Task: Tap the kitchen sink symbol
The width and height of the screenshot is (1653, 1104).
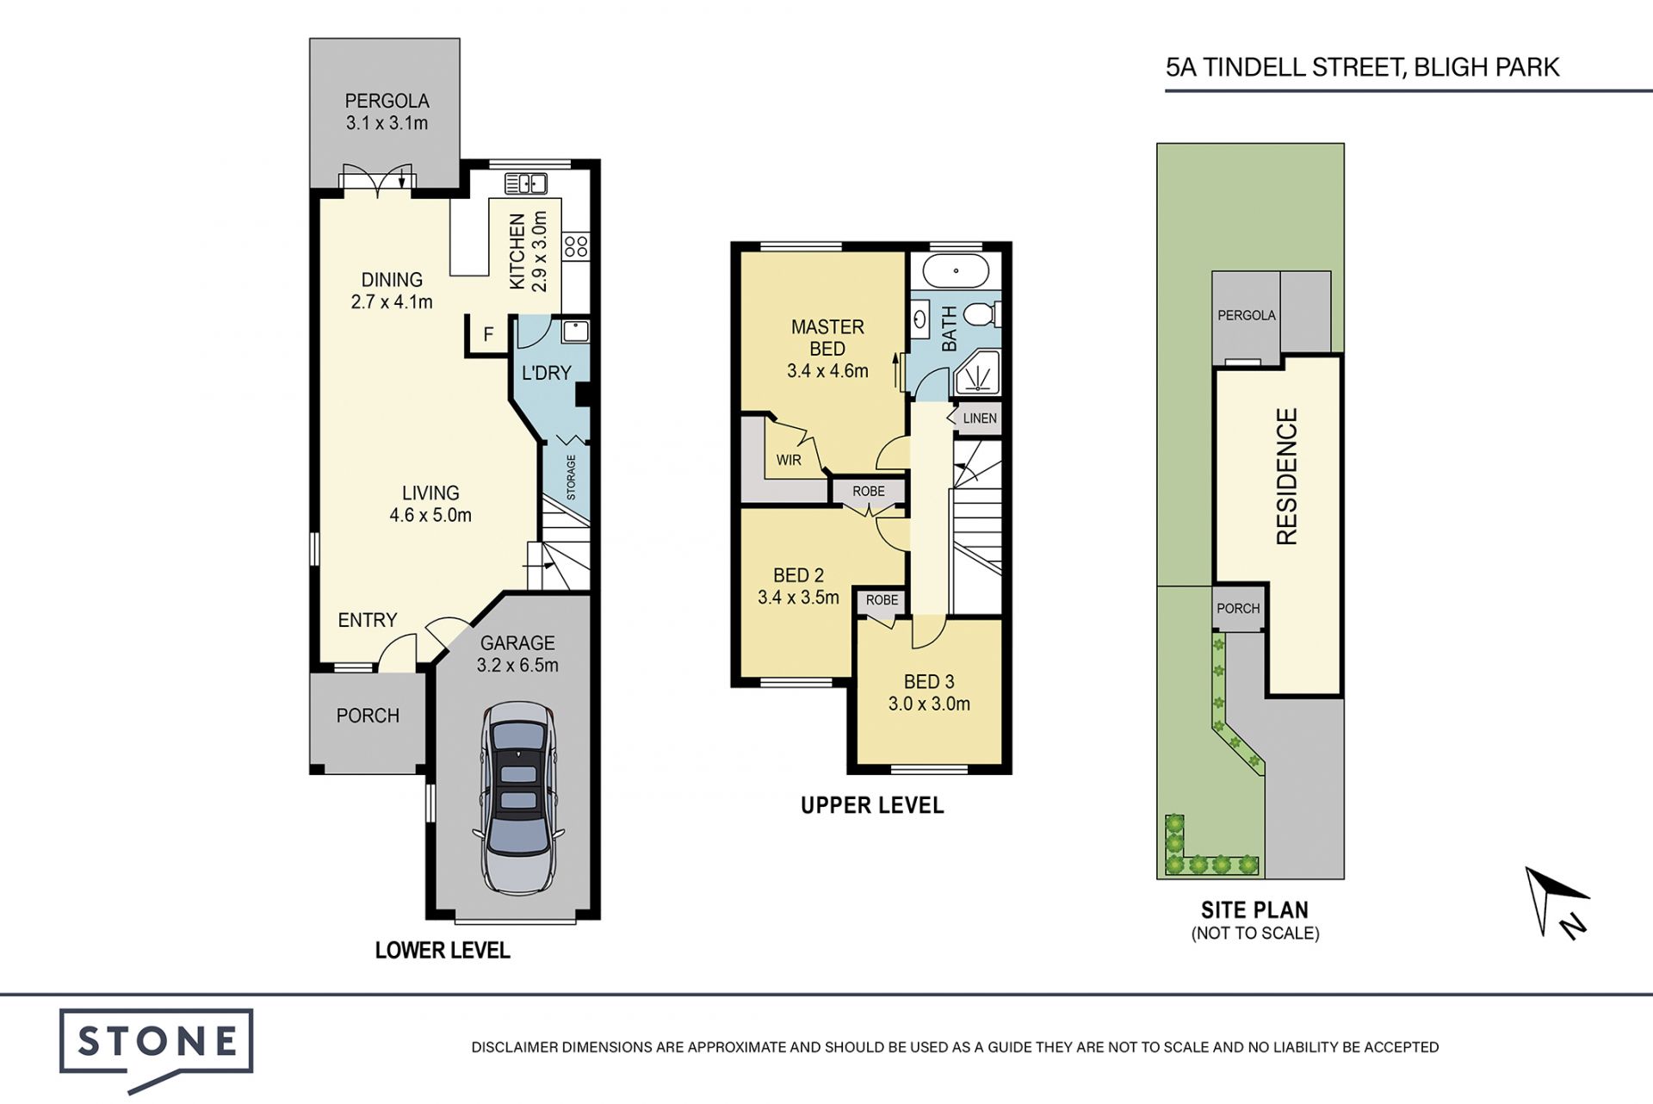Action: pos(525,183)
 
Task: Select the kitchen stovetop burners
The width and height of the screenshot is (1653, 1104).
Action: pos(576,246)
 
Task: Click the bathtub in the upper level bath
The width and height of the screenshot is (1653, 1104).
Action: pos(955,271)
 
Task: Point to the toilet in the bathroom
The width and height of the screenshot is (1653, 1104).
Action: pos(981,314)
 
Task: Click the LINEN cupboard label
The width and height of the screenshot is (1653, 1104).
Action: pos(980,419)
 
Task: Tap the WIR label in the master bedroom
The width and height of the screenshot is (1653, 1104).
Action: pos(789,460)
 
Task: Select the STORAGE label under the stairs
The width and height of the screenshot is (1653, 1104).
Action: pos(571,477)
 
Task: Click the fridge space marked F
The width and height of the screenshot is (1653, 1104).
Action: pos(488,334)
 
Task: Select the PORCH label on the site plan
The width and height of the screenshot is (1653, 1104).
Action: pos(1238,608)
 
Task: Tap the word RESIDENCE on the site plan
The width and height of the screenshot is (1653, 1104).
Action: pos(1286,476)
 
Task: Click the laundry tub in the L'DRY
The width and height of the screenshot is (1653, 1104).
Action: pos(574,331)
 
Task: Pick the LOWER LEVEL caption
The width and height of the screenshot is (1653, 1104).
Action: pos(443,950)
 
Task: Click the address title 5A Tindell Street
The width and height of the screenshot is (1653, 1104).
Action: pos(1362,67)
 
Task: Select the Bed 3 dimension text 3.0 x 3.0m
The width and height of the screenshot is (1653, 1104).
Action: pos(929,704)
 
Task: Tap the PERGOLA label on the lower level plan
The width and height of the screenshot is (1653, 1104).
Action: pos(387,101)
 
